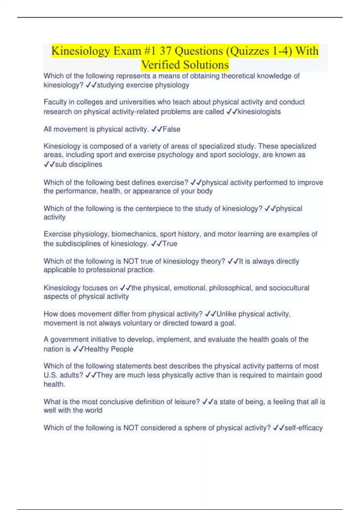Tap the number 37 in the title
pyautogui.click(x=165, y=51)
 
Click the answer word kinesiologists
pyautogui.click(x=259, y=112)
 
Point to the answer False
pyautogui.click(x=171, y=129)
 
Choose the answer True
pyautogui.click(x=170, y=244)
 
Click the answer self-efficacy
pyautogui.click(x=303, y=428)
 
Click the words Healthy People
pyautogui.click(x=109, y=349)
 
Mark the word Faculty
pyautogui.click(x=55, y=102)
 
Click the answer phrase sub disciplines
pyautogui.click(x=79, y=164)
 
